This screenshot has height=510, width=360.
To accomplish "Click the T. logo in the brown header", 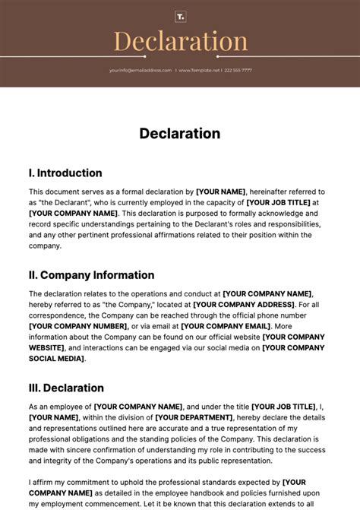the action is pyautogui.click(x=180, y=16).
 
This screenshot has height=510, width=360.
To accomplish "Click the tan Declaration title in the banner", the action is pyautogui.click(x=180, y=42).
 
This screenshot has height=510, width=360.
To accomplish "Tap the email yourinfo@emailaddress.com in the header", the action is pyautogui.click(x=140, y=70).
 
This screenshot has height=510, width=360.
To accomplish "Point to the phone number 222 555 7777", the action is pyautogui.click(x=238, y=70).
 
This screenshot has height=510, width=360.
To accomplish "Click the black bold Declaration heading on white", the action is pyautogui.click(x=180, y=133).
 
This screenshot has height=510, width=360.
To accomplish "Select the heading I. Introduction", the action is pyautogui.click(x=65, y=173).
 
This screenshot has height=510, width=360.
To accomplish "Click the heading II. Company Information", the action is pyautogui.click(x=91, y=275).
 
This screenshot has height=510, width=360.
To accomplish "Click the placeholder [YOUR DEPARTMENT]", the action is pyautogui.click(x=194, y=417).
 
